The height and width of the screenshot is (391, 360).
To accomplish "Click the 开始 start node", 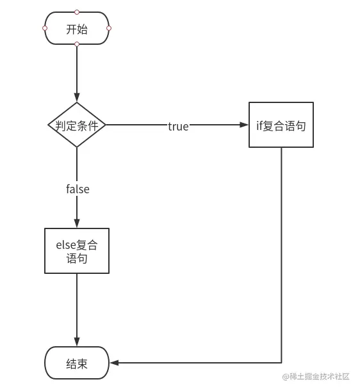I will click(77, 29).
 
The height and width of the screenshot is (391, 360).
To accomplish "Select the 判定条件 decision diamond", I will click(77, 125).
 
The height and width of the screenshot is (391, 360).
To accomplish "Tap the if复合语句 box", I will click(281, 125).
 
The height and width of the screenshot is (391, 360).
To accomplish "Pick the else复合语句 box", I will click(77, 251).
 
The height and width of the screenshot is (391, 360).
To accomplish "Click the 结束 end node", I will click(77, 363).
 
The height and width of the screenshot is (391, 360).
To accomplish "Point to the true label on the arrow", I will click(178, 126).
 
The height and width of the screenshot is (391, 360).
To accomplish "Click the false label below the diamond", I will click(78, 189).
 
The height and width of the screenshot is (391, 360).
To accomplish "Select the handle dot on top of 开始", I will click(77, 12).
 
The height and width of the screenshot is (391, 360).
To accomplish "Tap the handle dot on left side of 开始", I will click(45, 28).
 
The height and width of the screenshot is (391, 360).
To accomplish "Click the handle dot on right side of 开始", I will click(109, 28).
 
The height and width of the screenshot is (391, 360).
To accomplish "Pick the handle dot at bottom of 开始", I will click(77, 44).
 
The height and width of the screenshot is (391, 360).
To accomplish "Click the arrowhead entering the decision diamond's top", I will click(77, 98).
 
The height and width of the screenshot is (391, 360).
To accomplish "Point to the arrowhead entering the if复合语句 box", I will click(245, 125).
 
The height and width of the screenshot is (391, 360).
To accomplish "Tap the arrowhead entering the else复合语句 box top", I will click(77, 223).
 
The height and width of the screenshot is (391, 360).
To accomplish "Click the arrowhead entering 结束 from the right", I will click(114, 363).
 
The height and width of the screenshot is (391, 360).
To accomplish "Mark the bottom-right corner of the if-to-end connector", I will click(281, 363).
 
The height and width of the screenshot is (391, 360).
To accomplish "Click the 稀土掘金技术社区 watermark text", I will click(316, 377).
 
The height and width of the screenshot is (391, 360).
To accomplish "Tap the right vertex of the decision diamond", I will click(106, 125).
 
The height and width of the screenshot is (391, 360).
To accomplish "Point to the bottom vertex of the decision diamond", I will click(77, 147).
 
